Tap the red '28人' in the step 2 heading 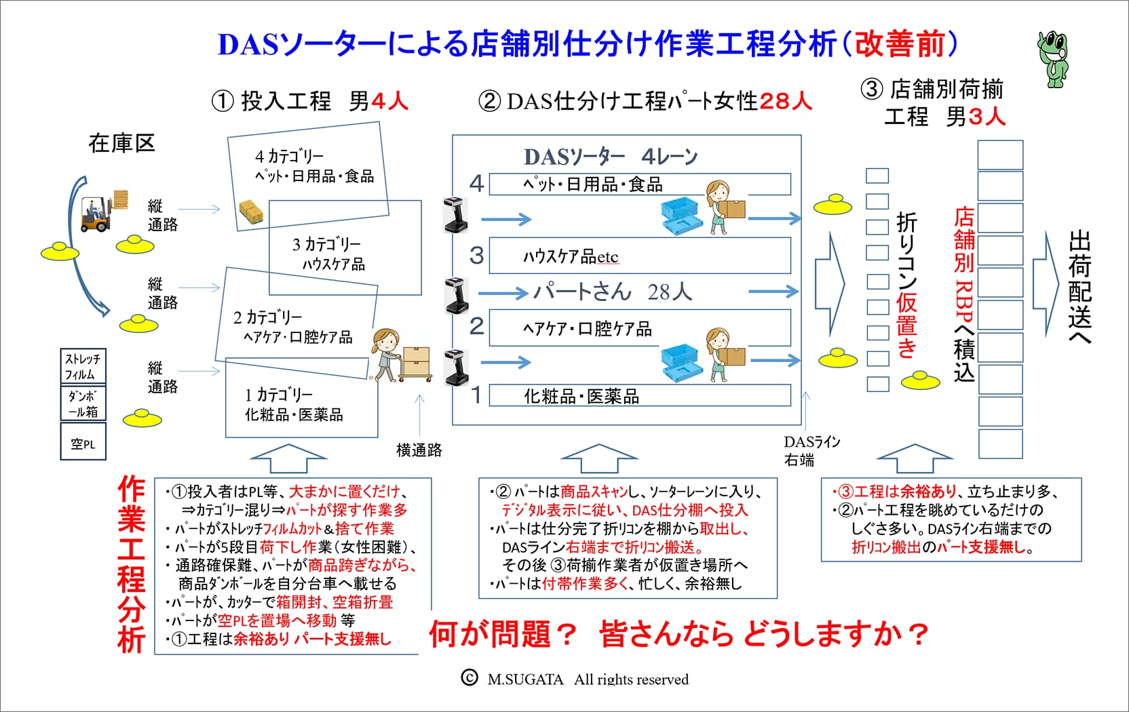[786, 101]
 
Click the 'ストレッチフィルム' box [83, 366]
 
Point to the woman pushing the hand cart [387, 355]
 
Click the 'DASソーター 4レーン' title [611, 157]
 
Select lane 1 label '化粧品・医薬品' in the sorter [581, 397]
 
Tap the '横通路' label [419, 450]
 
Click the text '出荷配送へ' [1079, 288]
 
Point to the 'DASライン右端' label [811, 451]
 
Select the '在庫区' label [121, 144]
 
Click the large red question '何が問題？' [503, 633]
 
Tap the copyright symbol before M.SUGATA [470, 677]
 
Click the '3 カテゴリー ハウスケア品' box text [329, 254]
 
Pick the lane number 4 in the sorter [476, 183]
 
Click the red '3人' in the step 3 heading [987, 117]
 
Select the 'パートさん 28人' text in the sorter [613, 292]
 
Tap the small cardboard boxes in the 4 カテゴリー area [252, 212]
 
